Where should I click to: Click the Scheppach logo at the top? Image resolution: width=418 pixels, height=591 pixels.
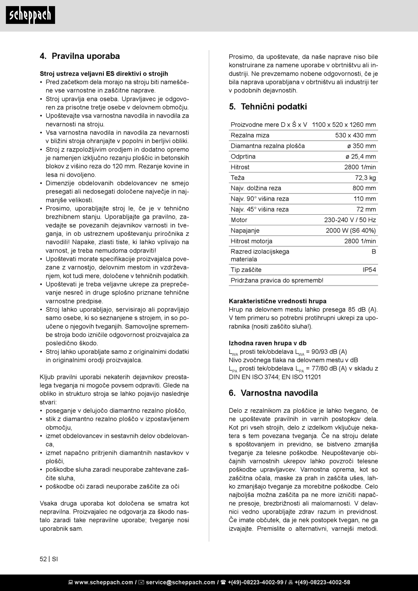[30, 15]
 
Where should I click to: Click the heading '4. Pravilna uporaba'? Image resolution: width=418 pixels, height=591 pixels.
[80, 56]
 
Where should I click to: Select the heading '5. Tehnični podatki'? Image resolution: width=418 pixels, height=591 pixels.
[268, 107]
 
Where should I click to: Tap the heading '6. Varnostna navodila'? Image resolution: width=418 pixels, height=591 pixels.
[273, 393]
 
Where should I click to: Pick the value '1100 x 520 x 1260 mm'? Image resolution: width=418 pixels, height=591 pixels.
[344, 125]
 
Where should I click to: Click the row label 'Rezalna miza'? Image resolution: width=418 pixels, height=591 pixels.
[250, 136]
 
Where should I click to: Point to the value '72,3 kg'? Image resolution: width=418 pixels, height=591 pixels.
[365, 178]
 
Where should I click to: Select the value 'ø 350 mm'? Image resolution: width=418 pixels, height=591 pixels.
[361, 146]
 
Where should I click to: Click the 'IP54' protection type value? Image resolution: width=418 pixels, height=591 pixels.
[369, 270]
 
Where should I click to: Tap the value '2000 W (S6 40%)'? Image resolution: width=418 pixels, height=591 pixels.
[351, 231]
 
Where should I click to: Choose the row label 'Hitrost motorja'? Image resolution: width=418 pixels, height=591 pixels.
[251, 241]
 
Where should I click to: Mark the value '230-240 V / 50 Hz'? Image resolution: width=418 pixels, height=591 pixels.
[350, 220]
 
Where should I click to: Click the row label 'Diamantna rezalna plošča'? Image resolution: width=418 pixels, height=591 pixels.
[268, 146]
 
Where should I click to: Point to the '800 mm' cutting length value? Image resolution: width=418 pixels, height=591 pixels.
[364, 188]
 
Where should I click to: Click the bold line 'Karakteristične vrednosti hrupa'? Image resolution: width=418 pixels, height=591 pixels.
[278, 301]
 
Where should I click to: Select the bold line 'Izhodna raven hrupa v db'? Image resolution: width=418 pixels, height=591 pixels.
[268, 343]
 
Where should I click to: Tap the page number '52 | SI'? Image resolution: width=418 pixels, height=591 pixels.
[48, 559]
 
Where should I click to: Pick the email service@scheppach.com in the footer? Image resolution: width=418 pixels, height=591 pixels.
[180, 583]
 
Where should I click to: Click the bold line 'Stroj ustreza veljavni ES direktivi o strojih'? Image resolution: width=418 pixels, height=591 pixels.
[104, 74]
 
